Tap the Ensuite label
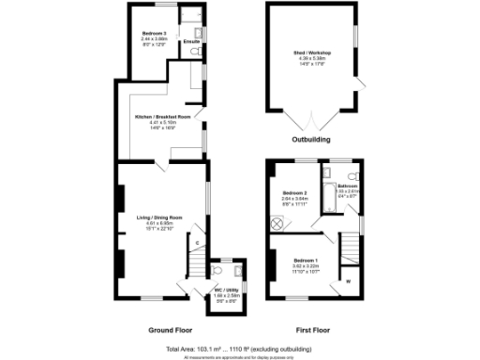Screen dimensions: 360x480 [x=190, y=42]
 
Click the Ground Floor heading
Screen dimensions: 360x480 [x=172, y=331]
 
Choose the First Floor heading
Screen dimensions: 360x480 [x=315, y=331]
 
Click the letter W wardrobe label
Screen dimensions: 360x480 [x=348, y=279]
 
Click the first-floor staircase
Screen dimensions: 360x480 [x=348, y=248]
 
